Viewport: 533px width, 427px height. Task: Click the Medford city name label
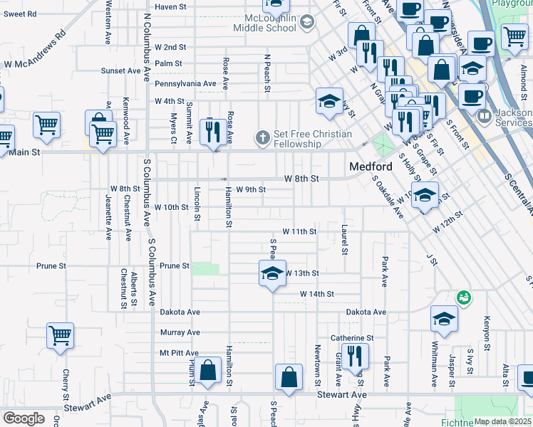point(371,167)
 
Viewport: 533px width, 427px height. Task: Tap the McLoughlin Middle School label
point(264,22)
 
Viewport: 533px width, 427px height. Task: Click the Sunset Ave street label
point(120,70)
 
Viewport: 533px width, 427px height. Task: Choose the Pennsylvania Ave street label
point(185,83)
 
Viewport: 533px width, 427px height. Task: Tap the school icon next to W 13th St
point(271,273)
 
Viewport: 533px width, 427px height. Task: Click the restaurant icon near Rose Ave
point(211,131)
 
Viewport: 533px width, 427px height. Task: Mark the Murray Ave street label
point(180,332)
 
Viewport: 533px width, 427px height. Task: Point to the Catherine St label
point(352,338)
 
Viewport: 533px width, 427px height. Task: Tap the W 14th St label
point(316,293)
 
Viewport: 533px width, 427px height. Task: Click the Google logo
point(24,418)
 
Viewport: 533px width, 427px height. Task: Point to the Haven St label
point(170,6)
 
